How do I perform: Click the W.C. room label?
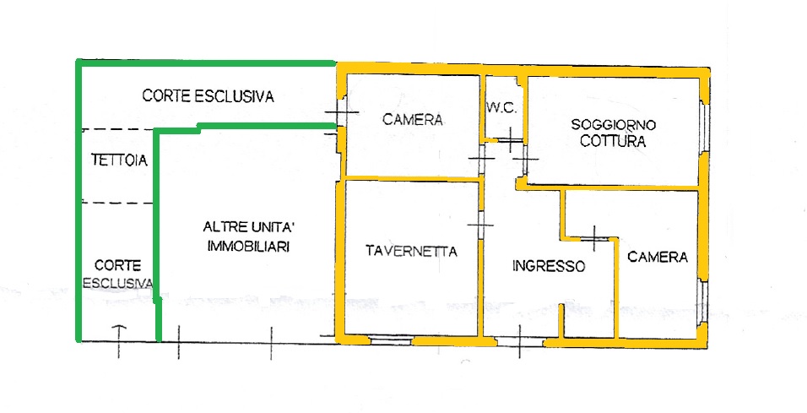[501, 108]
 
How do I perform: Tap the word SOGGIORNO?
[613, 125]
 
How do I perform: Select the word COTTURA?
[613, 141]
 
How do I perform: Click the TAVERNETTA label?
[411, 252]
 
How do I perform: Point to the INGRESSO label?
[549, 266]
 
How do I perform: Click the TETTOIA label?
[119, 160]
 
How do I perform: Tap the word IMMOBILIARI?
[248, 247]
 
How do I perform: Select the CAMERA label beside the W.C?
[412, 120]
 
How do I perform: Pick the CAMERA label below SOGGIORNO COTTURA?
[658, 257]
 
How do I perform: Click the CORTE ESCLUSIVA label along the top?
[208, 96]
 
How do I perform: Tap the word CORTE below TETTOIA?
[118, 266]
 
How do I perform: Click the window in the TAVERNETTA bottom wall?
[391, 340]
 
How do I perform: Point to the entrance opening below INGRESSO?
[520, 341]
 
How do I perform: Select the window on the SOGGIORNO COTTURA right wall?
[706, 128]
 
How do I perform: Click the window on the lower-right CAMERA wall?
[703, 302]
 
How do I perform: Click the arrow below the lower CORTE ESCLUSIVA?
[119, 341]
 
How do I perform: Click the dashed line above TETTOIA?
[118, 129]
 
